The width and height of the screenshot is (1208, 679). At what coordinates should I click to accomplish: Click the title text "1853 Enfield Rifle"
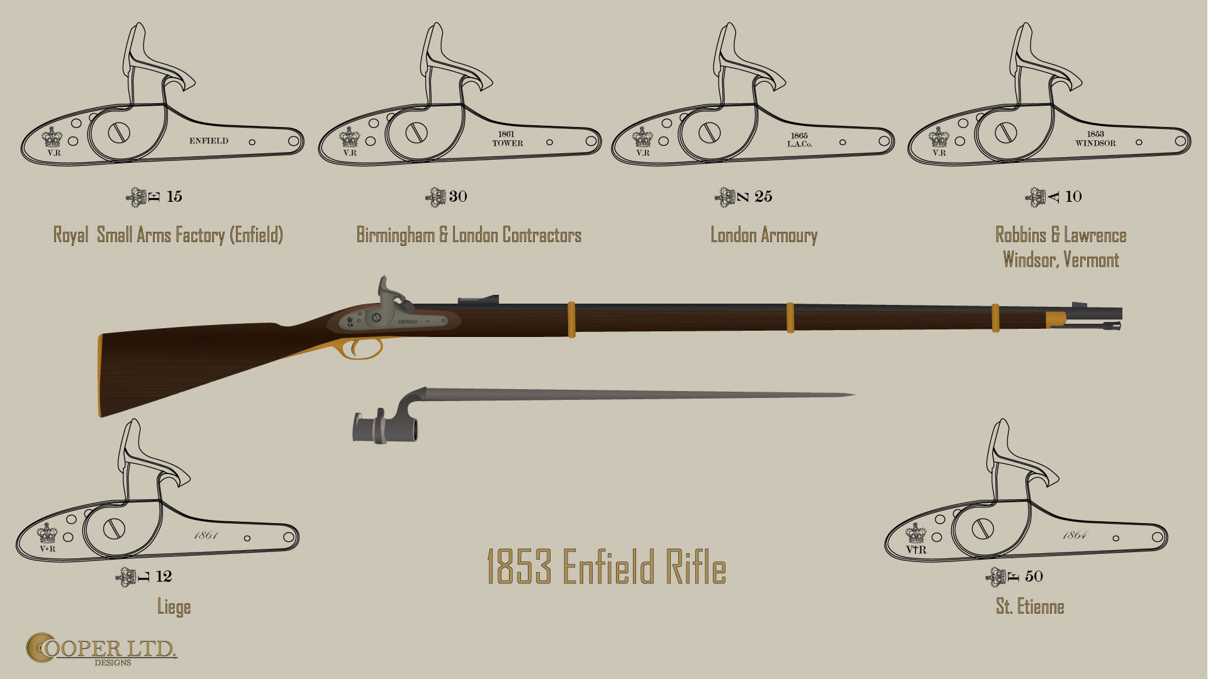click(607, 566)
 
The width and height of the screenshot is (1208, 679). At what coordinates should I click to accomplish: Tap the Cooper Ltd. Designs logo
click(101, 649)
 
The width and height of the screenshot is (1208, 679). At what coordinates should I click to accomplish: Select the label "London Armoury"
click(764, 235)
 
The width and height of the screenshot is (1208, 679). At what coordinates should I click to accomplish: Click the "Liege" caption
click(174, 607)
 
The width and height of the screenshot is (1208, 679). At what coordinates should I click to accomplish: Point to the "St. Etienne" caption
click(1030, 607)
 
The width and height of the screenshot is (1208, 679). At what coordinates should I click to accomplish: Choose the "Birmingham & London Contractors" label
click(469, 235)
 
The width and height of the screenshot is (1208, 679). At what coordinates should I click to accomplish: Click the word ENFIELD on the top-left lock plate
click(209, 141)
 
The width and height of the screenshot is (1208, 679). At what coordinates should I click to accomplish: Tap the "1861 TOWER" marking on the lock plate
click(507, 139)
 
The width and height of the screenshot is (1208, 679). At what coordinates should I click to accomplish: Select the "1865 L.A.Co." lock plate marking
click(799, 140)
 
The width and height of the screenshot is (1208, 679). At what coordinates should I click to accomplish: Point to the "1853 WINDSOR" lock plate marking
click(1095, 139)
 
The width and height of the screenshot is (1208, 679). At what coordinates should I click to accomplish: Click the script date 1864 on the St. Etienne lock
click(1075, 536)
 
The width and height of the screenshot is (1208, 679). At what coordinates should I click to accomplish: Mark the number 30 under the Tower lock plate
click(458, 196)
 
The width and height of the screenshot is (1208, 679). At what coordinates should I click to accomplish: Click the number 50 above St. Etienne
click(1034, 576)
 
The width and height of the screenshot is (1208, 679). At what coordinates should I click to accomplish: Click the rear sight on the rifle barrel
click(478, 300)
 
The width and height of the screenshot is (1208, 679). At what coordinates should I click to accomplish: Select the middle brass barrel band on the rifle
click(790, 317)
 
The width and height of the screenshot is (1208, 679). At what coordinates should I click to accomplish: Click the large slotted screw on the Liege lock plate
click(114, 529)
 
